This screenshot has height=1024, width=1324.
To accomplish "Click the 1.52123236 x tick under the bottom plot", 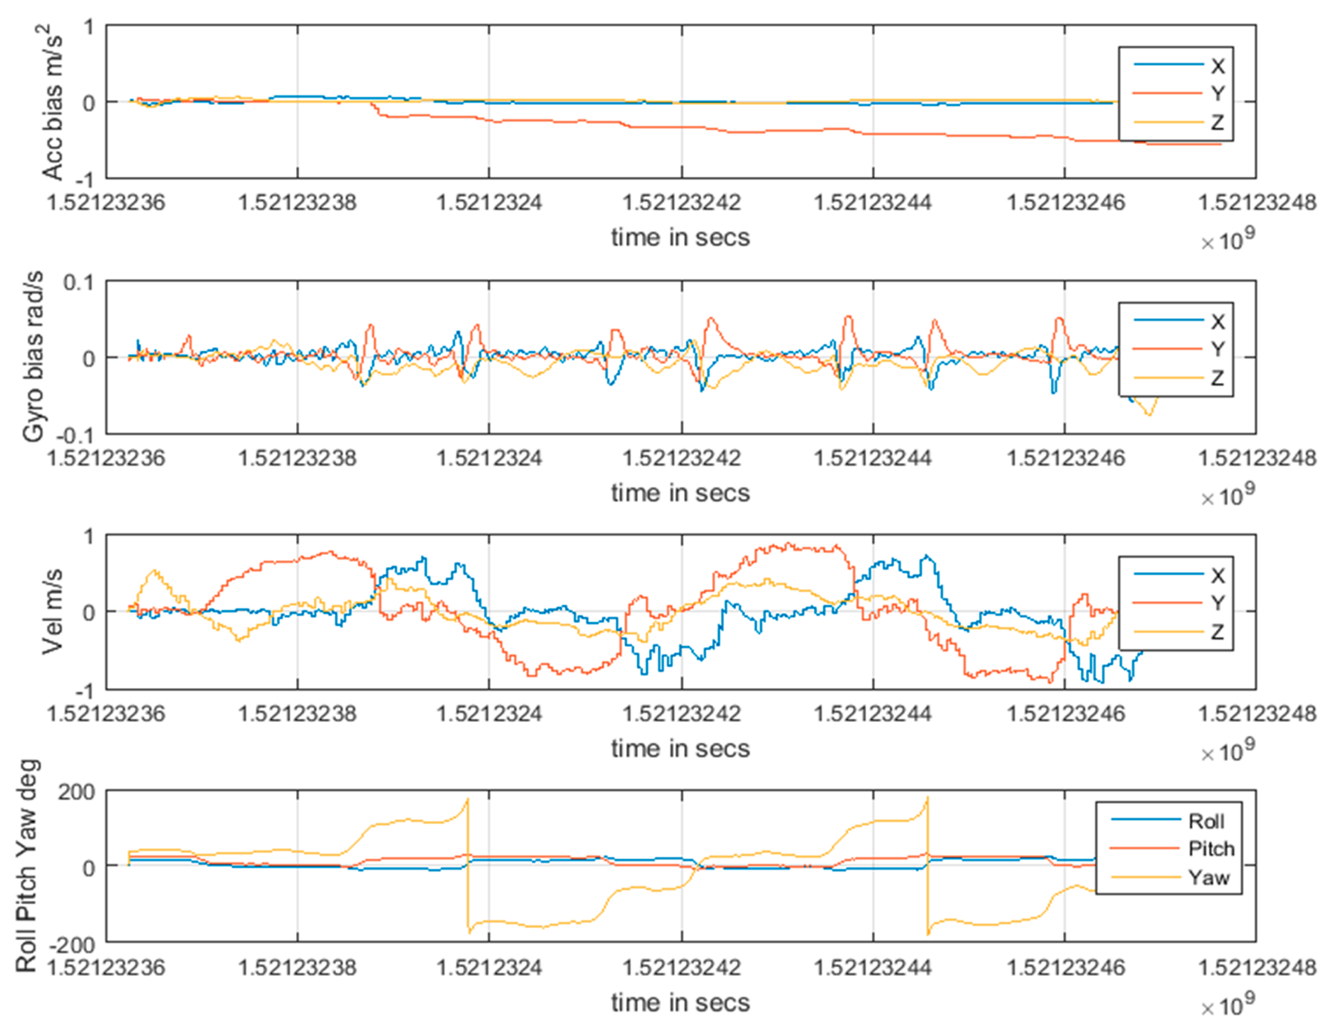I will point(106,968).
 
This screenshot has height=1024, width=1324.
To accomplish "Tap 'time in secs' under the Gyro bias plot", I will point(680,493).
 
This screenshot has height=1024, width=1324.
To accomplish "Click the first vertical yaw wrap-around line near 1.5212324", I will point(468,867).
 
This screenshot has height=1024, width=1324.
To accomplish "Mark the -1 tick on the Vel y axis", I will point(87,691).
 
